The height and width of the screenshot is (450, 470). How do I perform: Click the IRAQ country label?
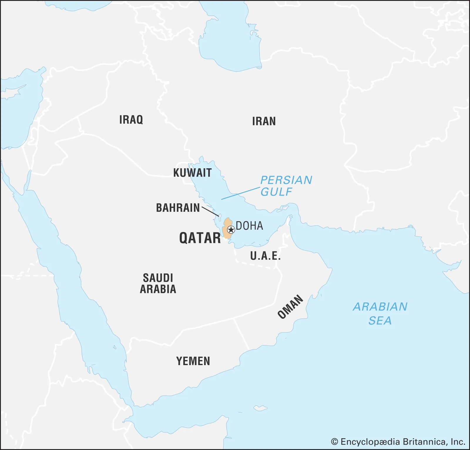(x=131, y=120)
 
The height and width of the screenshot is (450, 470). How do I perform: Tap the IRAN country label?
(x=264, y=121)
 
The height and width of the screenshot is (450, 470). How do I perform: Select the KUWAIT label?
(x=192, y=173)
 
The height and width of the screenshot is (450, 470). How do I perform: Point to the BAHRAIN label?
(x=178, y=208)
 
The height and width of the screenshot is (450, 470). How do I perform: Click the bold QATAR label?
(x=200, y=238)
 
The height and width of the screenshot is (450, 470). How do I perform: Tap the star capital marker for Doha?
(x=231, y=230)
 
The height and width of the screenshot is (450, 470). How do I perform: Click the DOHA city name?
(x=249, y=226)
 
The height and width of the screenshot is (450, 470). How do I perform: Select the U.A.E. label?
(x=265, y=256)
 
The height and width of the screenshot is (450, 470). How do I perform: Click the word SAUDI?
(x=158, y=278)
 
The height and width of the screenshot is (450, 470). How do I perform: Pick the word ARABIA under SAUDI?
(x=158, y=289)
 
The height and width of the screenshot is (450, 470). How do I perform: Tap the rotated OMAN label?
(x=290, y=307)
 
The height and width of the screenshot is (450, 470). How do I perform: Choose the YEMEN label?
(x=193, y=361)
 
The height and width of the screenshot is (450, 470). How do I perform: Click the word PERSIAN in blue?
(x=286, y=180)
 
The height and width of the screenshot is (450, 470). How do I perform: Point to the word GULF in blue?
(x=276, y=192)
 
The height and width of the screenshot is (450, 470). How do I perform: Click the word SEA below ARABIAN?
(x=380, y=320)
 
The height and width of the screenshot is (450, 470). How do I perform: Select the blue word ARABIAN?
(x=380, y=307)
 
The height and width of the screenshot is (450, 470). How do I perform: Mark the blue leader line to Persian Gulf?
(x=241, y=193)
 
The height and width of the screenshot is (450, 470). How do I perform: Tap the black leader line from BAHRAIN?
(x=210, y=211)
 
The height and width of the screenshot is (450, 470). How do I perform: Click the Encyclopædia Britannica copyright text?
(x=398, y=442)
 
